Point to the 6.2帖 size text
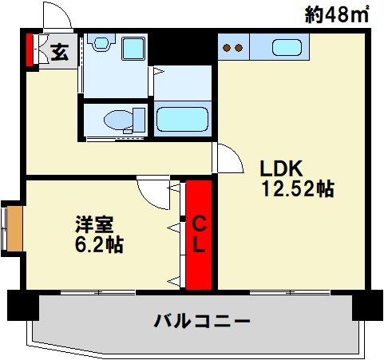[98, 244]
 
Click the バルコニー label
[202, 322]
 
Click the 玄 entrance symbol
[59, 53]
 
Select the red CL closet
[199, 235]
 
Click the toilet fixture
[120, 121]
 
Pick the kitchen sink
[287, 47]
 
